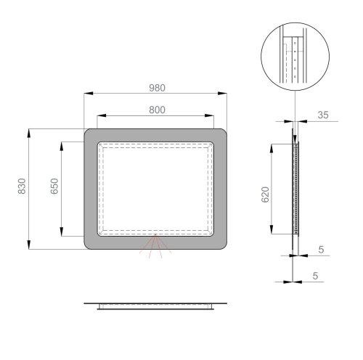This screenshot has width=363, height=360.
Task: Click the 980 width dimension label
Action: (158, 87)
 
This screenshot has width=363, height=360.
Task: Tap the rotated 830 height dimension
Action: (23, 187)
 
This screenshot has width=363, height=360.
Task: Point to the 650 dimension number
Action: (54, 187)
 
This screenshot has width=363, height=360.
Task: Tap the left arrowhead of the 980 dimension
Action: (87, 93)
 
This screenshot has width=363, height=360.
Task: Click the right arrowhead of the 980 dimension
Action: (224, 93)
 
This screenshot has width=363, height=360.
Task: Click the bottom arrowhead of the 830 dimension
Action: (29, 246)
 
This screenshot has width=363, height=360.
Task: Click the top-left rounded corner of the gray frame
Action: (89, 134)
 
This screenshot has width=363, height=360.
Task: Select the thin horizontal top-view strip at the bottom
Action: (155, 305)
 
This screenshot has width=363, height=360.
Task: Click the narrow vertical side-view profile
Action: (295, 189)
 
